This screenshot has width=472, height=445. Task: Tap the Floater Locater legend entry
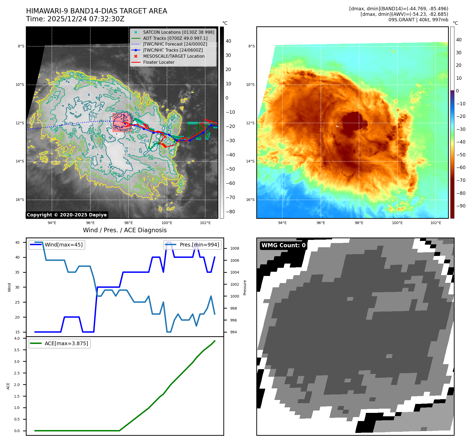(x=159, y=62)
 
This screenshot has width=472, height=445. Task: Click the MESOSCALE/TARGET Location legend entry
(x=174, y=56)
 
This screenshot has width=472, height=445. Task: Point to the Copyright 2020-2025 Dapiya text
(x=67, y=215)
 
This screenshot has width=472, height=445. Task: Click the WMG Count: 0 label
(x=283, y=245)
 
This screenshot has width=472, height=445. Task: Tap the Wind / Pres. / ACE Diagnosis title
(x=125, y=230)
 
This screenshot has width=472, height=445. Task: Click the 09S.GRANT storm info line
(x=418, y=20)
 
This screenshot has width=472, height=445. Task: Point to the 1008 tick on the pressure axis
(x=234, y=249)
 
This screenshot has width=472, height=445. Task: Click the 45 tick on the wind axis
(x=17, y=243)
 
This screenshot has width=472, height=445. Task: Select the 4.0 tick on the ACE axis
(x=17, y=338)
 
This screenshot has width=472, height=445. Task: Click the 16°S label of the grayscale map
(x=20, y=200)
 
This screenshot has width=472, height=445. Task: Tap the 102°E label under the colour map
(x=436, y=223)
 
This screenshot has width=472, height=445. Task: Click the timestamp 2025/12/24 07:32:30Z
(x=86, y=19)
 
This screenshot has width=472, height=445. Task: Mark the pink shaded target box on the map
(x=122, y=123)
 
